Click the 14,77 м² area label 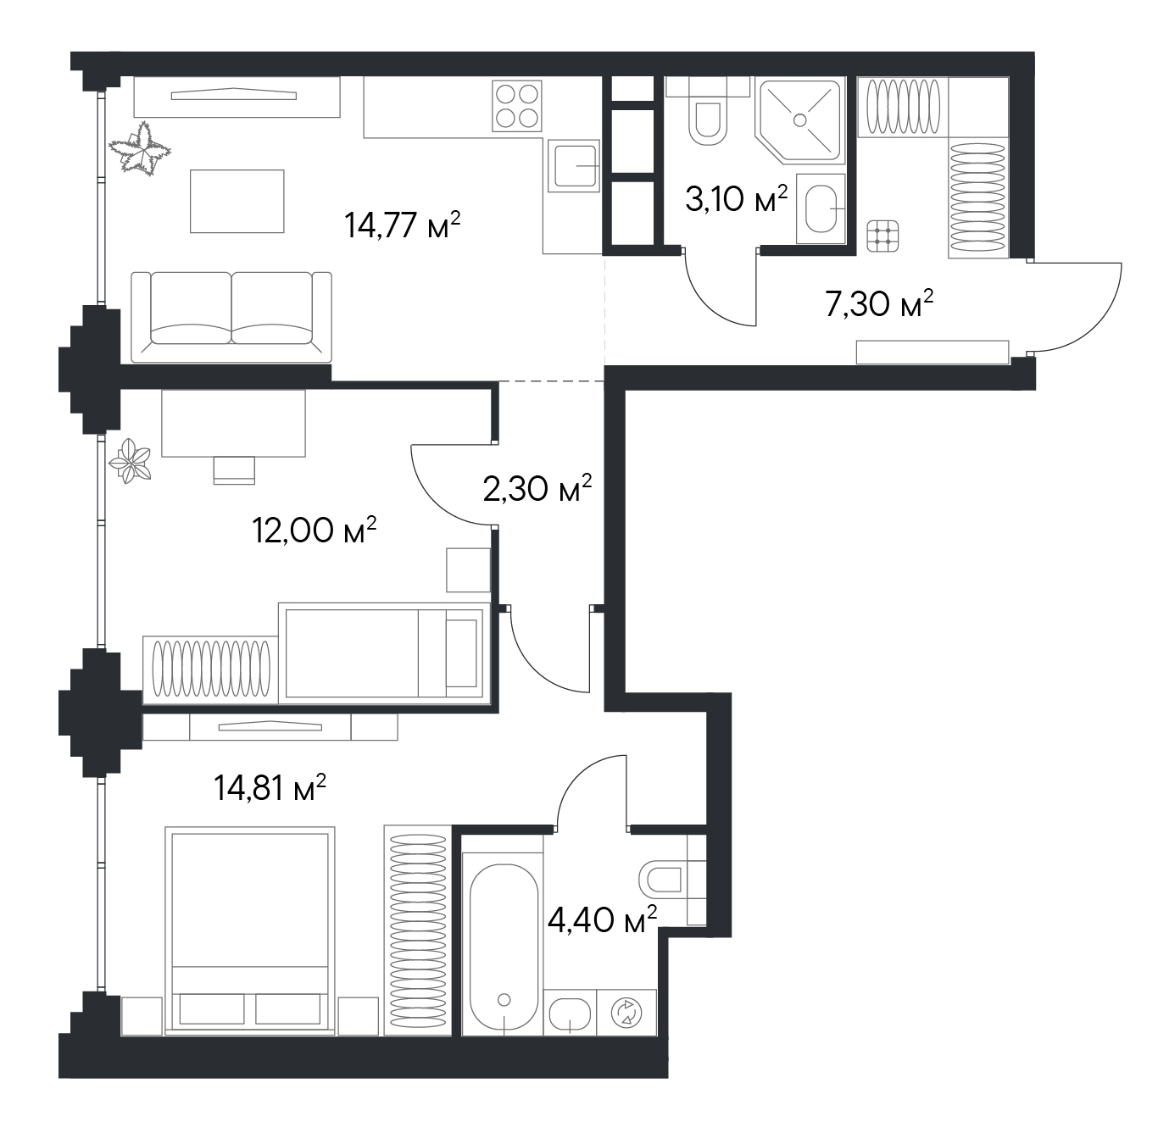(402, 226)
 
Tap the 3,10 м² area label (736, 199)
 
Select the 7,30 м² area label (879, 303)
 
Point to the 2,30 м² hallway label (537, 488)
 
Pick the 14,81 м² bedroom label (270, 788)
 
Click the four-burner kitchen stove (517, 106)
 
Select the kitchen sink (574, 166)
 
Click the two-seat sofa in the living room (231, 317)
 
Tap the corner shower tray (800, 120)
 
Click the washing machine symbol (626, 1013)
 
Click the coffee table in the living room (237, 201)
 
